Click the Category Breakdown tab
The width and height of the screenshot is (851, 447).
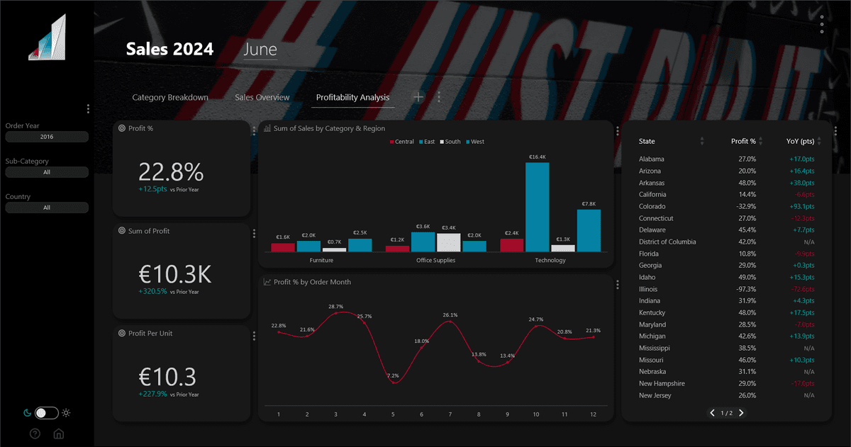pyautogui.click(x=170, y=97)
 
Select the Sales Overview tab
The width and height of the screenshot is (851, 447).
pyautogui.click(x=262, y=97)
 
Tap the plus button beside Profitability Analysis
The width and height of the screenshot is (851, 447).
pyautogui.click(x=418, y=97)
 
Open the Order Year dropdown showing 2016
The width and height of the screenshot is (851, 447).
pyautogui.click(x=47, y=137)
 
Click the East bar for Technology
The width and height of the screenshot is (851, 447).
pyautogui.click(x=538, y=207)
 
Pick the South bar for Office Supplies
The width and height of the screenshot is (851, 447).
pyautogui.click(x=449, y=242)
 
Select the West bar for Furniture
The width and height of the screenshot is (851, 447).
pyautogui.click(x=360, y=245)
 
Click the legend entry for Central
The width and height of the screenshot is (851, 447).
pyautogui.click(x=401, y=142)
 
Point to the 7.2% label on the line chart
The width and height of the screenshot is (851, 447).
pyautogui.click(x=393, y=375)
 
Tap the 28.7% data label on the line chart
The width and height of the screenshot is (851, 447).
pyautogui.click(x=335, y=307)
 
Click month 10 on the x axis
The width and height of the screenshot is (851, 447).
pyautogui.click(x=535, y=414)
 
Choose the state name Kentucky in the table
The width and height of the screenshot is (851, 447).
pyautogui.click(x=652, y=312)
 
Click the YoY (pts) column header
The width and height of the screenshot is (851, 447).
pyautogui.click(x=800, y=141)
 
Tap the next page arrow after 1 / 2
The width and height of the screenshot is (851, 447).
pyautogui.click(x=742, y=412)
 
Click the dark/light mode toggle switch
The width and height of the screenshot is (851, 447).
pyautogui.click(x=46, y=412)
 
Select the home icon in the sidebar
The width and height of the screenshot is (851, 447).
pyautogui.click(x=59, y=434)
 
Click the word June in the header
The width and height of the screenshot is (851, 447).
pyautogui.click(x=260, y=49)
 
